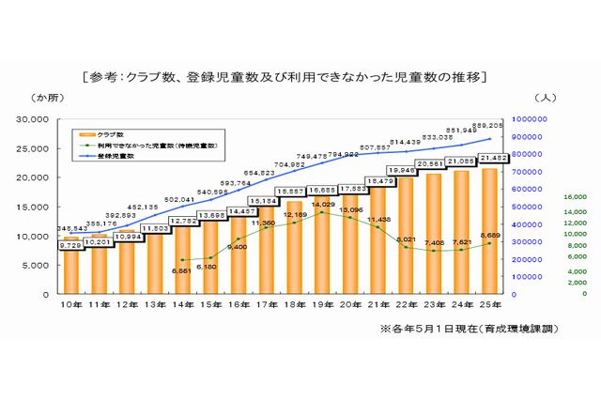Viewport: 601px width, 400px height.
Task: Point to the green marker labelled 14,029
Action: point(322,212)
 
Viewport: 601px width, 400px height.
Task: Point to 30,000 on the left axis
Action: point(39,120)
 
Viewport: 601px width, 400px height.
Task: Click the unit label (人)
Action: point(546,98)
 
